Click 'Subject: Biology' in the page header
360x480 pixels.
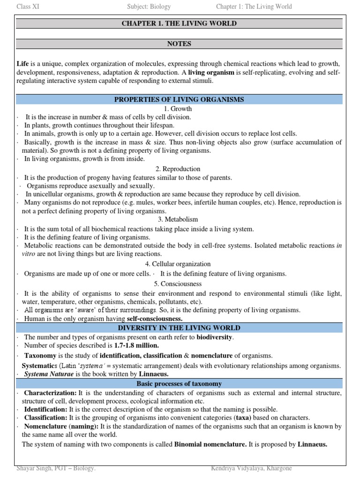[x=149, y=7]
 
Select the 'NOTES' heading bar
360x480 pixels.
[x=180, y=44]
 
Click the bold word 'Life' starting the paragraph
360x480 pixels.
[x=22, y=64]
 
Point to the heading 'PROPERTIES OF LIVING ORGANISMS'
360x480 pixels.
[x=180, y=99]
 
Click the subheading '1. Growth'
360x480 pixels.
[x=180, y=109]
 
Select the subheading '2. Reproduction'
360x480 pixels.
[x=180, y=169]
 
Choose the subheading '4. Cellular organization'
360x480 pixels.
[x=180, y=264]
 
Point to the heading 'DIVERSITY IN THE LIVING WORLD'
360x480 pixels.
[x=180, y=328]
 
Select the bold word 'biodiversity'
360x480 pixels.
[x=214, y=337]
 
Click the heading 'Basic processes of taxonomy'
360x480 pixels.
[x=180, y=383]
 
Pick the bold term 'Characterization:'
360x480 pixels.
[x=50, y=393]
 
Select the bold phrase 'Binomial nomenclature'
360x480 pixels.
[x=210, y=444]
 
